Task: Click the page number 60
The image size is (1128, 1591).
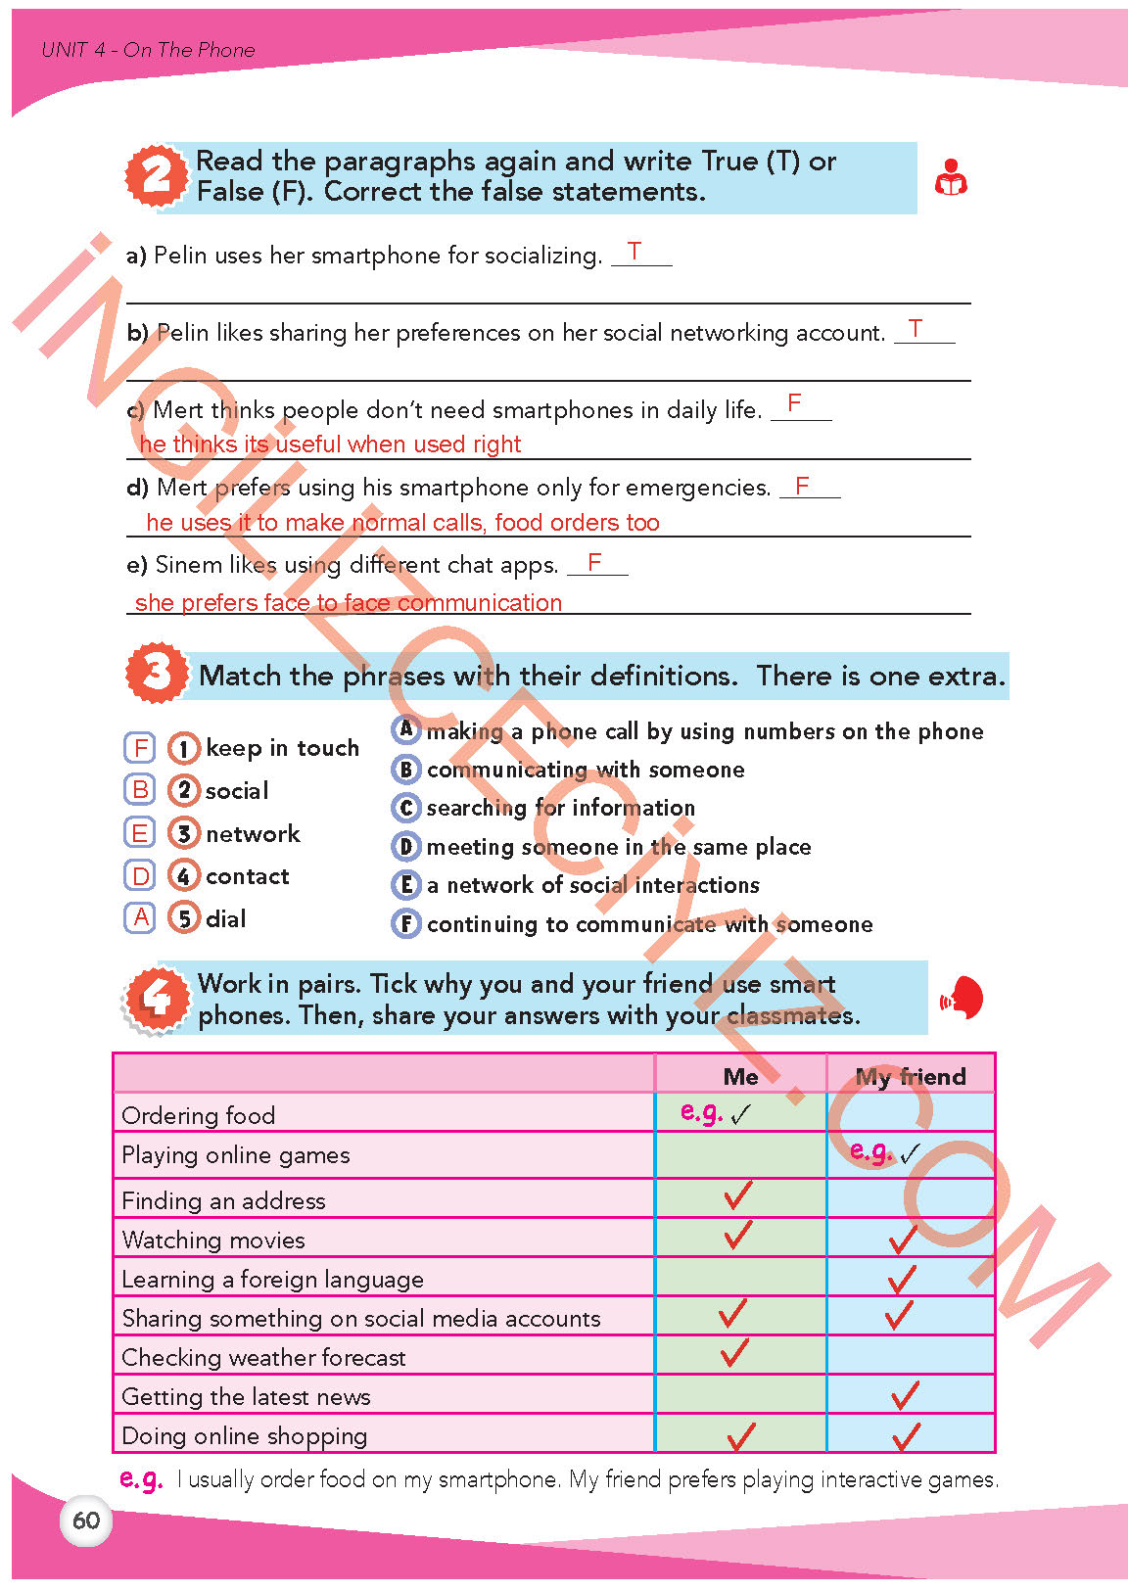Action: point(86,1521)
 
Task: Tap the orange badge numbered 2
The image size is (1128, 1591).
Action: point(156,176)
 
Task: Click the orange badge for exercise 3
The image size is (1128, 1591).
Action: point(156,673)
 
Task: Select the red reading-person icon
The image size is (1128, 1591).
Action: point(951,178)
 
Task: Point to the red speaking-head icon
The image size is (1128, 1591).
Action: point(963,998)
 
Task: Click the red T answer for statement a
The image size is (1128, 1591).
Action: point(634,252)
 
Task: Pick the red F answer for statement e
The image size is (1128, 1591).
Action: point(594,563)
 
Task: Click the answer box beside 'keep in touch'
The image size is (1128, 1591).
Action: point(140,748)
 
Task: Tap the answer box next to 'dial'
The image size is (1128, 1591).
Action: point(140,917)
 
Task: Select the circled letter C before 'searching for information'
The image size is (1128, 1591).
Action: point(405,808)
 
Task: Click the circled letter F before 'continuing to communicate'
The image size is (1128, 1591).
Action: point(405,923)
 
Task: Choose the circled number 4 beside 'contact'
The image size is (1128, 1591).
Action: point(183,875)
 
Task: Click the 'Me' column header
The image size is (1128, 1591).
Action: point(740,1076)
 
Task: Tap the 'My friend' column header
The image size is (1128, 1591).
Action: point(911,1076)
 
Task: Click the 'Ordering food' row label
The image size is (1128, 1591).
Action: point(199,1115)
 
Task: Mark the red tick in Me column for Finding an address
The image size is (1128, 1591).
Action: point(737,1194)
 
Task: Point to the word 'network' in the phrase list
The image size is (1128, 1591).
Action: point(253,833)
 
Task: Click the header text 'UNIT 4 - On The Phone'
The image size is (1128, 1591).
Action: point(148,50)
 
